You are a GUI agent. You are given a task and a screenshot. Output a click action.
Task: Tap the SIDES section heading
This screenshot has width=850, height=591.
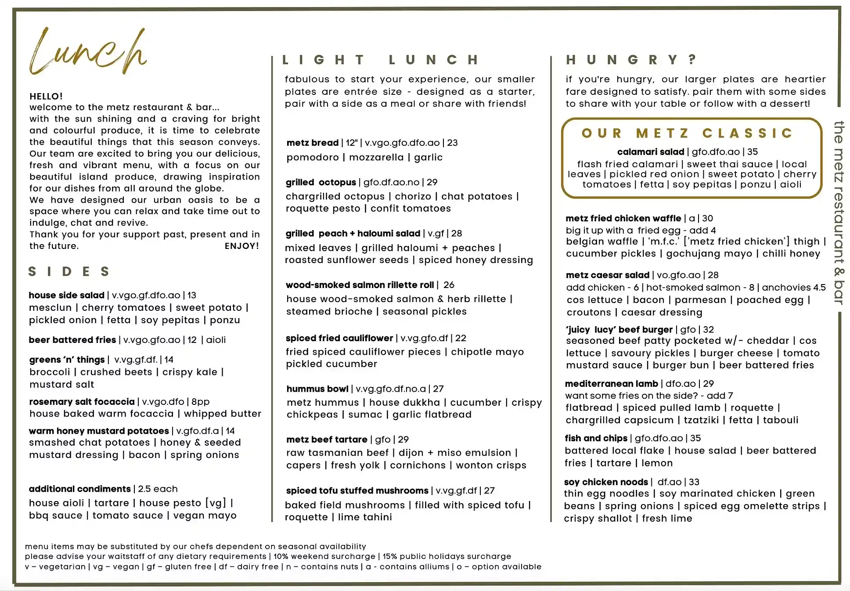69,271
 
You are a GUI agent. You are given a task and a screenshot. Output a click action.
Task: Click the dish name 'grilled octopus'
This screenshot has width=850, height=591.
321,182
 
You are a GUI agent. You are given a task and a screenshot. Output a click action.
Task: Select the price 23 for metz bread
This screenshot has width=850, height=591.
452,143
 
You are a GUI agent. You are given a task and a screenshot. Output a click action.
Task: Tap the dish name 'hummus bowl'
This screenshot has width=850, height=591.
317,389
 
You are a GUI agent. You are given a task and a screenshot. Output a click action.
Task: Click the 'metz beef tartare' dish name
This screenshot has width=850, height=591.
327,439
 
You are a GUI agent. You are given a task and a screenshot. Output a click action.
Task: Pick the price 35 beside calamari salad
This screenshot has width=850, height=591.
752,152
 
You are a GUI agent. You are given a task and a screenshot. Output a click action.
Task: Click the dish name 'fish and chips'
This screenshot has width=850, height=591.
596,438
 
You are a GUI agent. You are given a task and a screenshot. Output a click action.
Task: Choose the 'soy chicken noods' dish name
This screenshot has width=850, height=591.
606,482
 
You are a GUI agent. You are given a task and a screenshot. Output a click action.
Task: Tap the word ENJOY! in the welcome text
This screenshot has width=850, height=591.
241,246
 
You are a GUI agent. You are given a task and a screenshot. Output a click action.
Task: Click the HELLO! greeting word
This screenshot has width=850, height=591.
46,96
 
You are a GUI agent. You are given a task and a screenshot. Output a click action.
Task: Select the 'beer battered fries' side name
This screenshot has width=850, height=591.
72,339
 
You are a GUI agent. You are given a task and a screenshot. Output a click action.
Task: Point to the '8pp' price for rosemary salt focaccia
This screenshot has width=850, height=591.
201,401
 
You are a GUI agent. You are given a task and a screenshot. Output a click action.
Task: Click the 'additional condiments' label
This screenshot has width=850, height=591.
79,489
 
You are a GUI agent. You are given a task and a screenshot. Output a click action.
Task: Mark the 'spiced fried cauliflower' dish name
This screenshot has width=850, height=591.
339,338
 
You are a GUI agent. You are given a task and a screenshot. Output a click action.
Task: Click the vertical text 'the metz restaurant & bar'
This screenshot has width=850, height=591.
839,213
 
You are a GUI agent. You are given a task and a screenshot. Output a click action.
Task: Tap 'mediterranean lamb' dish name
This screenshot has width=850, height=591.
611,383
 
